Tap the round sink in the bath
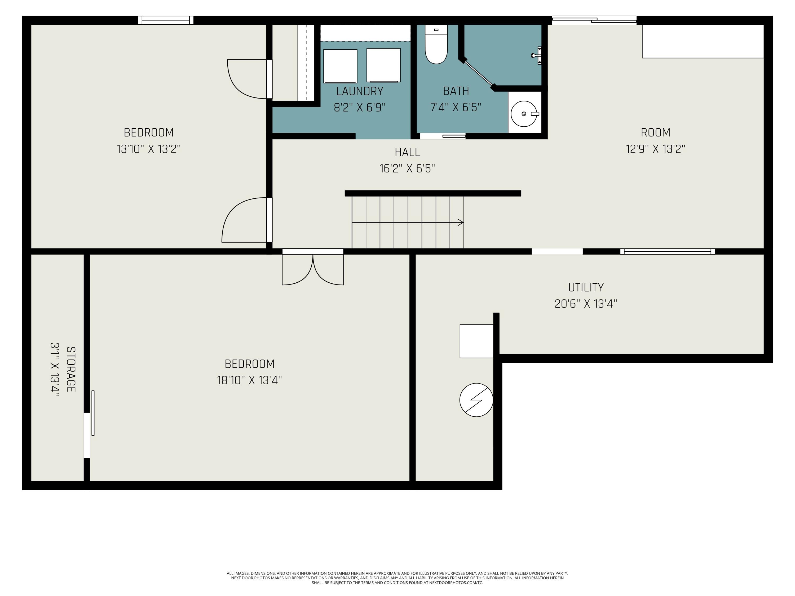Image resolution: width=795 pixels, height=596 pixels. click(x=524, y=114)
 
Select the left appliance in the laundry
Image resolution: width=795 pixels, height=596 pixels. click(x=340, y=66)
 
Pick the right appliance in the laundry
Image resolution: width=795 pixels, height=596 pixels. click(x=383, y=65)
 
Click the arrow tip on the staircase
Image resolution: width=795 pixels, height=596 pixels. click(x=463, y=223)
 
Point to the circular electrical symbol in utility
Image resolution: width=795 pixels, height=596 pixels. click(x=476, y=400)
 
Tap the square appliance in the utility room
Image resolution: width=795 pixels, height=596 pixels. click(x=476, y=341)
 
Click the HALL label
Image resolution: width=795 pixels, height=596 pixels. click(x=407, y=152)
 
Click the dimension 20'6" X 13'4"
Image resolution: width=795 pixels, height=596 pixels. click(x=586, y=304)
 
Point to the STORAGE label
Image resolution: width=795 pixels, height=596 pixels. click(x=71, y=369)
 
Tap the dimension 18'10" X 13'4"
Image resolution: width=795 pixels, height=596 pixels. click(x=249, y=380)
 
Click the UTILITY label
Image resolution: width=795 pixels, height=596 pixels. click(x=586, y=287)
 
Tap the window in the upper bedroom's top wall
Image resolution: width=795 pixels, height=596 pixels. click(x=166, y=20)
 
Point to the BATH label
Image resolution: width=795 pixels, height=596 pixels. click(x=456, y=91)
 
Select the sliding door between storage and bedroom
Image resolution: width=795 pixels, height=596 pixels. click(x=93, y=413)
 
